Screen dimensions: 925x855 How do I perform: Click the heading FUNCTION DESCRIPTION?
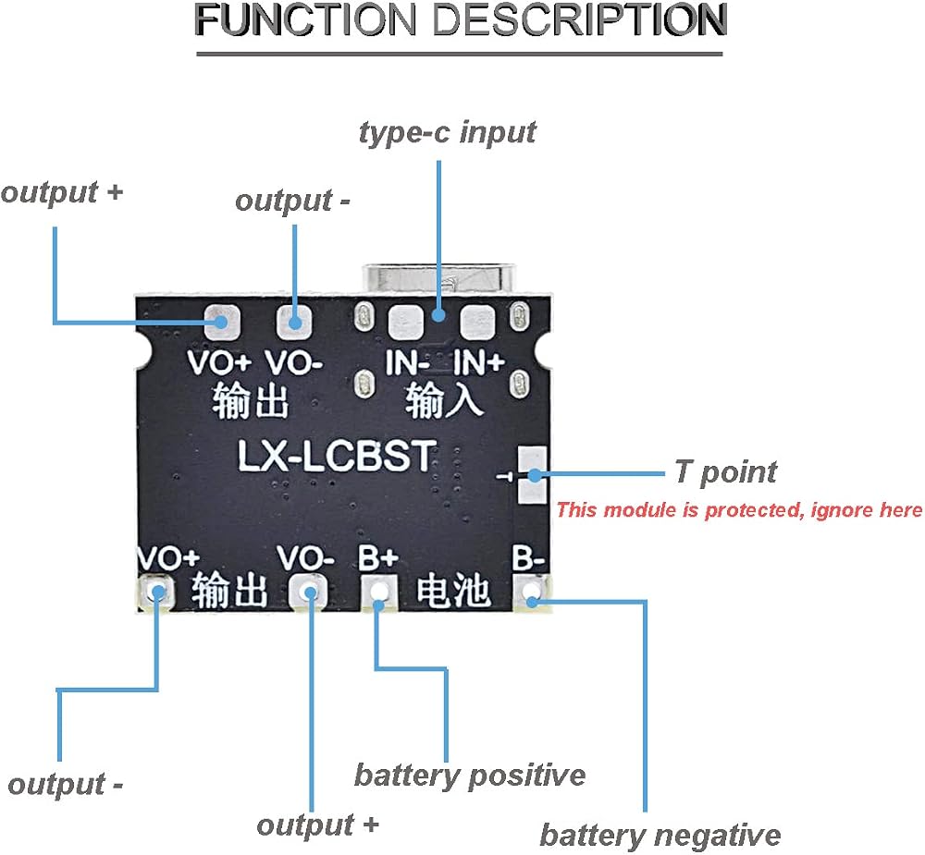(460, 20)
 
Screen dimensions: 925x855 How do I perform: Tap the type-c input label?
(448, 133)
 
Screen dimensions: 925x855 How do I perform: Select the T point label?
(725, 473)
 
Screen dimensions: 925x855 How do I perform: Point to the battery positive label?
(470, 776)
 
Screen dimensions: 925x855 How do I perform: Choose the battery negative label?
(660, 835)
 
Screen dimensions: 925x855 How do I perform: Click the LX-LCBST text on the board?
(337, 456)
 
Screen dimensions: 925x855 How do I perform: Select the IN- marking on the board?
(406, 362)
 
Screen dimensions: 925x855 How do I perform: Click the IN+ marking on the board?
(478, 361)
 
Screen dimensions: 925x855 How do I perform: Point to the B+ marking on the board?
(378, 557)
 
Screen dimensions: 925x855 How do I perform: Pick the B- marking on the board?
(528, 557)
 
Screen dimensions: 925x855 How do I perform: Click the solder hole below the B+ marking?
(379, 592)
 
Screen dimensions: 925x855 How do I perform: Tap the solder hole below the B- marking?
(532, 592)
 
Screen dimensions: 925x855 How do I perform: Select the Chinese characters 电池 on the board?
(453, 591)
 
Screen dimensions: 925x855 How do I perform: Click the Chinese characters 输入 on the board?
(444, 400)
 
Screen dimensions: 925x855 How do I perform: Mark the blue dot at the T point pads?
(535, 475)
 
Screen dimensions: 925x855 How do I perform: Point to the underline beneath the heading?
(460, 55)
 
